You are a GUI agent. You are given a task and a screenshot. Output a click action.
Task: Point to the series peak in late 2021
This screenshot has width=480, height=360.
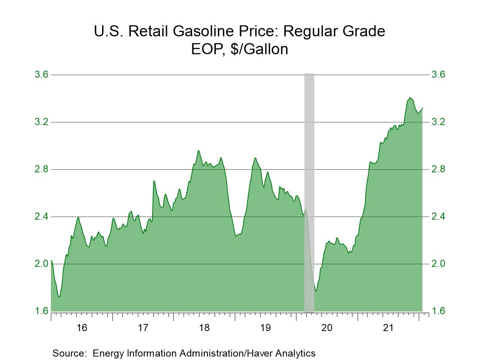[x=410, y=98]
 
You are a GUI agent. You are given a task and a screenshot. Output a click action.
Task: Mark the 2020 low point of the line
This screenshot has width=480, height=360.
[x=316, y=290]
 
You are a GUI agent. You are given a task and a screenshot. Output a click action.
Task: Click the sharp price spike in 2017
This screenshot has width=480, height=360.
[x=154, y=181]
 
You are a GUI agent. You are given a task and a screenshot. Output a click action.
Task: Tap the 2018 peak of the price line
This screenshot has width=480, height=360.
[x=198, y=151]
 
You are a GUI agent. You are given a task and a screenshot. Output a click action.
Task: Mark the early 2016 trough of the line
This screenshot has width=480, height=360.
[x=59, y=296]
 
